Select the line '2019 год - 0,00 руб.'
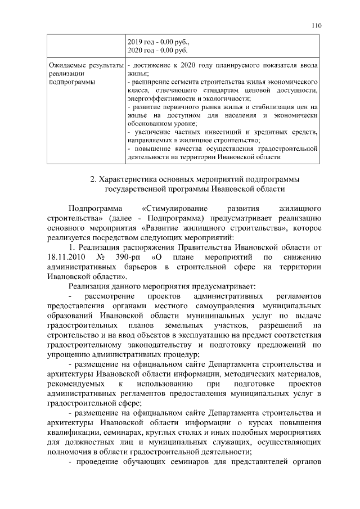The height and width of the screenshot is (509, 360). click(x=159, y=42)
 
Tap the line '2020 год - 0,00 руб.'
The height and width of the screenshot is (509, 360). click(x=158, y=50)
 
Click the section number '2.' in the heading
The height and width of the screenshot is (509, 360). click(x=94, y=179)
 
